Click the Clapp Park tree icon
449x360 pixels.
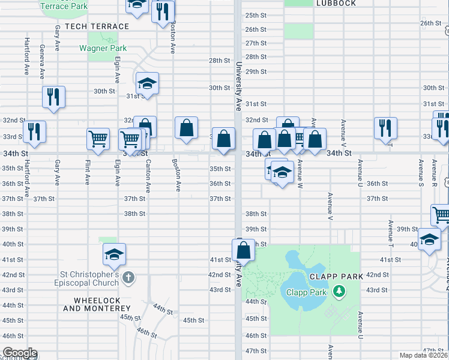(x=340, y=292)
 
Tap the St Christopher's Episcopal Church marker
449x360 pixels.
(x=128, y=278)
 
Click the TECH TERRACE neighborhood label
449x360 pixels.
(x=97, y=26)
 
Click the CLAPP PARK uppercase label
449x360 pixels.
(x=337, y=277)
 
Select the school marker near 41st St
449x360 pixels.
(x=113, y=254)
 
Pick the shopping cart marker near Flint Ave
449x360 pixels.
(x=98, y=139)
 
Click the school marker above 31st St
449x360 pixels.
(x=147, y=83)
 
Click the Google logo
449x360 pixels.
(x=20, y=353)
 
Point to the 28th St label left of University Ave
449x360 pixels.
(x=219, y=61)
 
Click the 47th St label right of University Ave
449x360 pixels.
(x=256, y=351)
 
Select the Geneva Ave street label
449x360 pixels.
(x=42, y=62)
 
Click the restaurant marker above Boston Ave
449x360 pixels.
(x=163, y=11)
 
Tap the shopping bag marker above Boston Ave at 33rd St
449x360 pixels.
(x=187, y=127)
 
